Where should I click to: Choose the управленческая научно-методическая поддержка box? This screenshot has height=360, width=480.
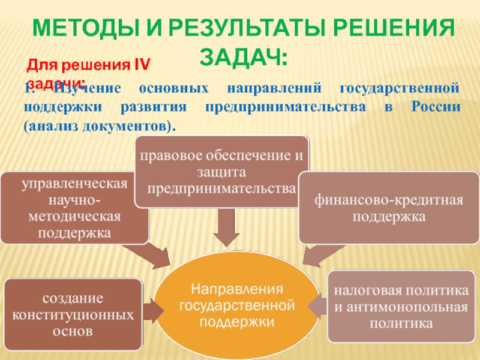click(x=74, y=208)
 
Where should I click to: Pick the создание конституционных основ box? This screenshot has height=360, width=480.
click(x=73, y=313)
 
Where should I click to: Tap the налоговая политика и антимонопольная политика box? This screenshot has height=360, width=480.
click(x=401, y=307)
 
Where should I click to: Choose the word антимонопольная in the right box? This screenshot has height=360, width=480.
click(x=401, y=307)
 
